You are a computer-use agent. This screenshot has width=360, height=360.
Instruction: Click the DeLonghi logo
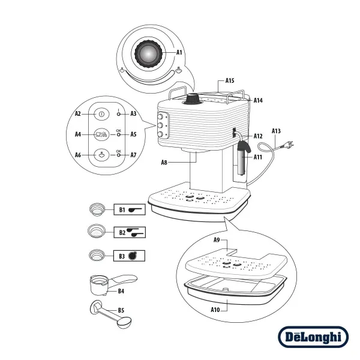[x=313, y=337]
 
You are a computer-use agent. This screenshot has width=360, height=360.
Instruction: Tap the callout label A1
[x=179, y=53]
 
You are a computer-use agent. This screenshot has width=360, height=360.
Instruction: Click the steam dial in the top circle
[x=147, y=54]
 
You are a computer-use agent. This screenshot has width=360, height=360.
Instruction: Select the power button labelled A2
[x=101, y=113]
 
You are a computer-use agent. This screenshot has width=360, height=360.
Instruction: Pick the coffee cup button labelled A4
[x=101, y=134]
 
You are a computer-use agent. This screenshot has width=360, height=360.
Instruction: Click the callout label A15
[x=230, y=80]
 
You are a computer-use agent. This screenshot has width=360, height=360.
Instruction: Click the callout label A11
[x=257, y=157]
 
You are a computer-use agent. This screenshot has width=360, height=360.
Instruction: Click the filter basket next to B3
[x=97, y=254]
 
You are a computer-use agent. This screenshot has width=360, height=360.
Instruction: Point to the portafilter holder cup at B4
[x=98, y=284]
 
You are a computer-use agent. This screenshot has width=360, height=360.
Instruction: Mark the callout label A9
[x=217, y=240]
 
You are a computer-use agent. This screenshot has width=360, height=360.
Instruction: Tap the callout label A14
[x=258, y=100]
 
